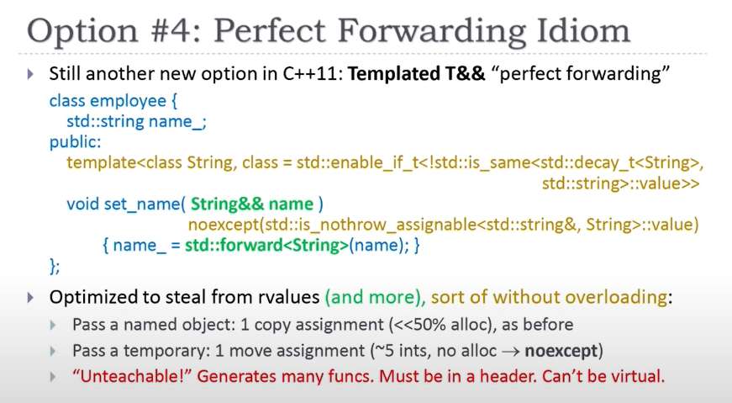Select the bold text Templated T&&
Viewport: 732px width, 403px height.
point(416,74)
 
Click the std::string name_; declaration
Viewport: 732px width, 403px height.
point(136,121)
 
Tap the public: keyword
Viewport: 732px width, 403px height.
point(75,142)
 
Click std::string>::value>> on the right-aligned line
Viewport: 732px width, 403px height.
point(620,183)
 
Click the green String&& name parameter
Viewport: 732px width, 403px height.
point(252,204)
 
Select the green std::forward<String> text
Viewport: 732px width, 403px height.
point(266,245)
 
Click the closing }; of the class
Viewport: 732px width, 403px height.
point(54,266)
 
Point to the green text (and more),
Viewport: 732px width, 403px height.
point(376,297)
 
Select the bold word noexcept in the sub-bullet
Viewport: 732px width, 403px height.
point(561,351)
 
